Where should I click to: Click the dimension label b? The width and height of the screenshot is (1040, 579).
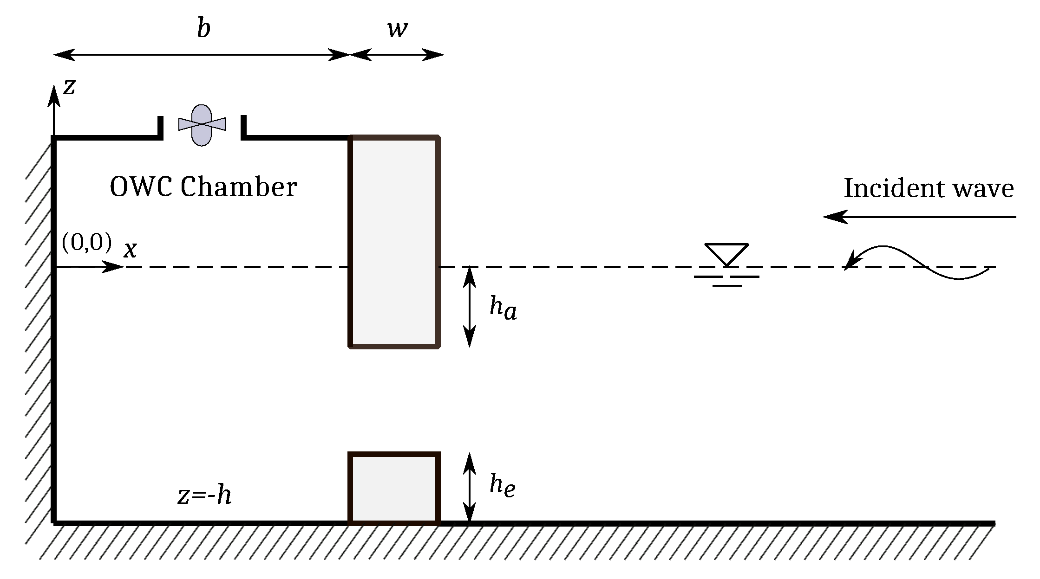coord(203,29)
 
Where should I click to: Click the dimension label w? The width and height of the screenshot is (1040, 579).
coord(397,29)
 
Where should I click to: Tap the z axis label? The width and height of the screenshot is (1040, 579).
coord(69,87)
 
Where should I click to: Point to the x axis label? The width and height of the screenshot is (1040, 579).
coord(131,250)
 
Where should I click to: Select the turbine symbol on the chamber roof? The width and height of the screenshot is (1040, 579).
coord(202,125)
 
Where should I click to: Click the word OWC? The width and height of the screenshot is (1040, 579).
coord(141,187)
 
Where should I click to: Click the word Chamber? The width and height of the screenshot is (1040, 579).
coord(239,187)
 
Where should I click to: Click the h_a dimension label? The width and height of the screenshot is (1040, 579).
coord(503,308)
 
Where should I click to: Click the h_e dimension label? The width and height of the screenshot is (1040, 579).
coord(502,486)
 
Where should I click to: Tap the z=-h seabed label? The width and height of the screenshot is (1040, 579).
coord(204,495)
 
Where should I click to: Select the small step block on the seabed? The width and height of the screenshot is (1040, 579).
coord(394,488)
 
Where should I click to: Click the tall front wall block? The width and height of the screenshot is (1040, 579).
coord(394,241)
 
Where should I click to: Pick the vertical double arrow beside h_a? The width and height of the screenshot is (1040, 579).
coord(470,307)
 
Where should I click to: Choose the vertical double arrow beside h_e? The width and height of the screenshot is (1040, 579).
coord(470,488)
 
